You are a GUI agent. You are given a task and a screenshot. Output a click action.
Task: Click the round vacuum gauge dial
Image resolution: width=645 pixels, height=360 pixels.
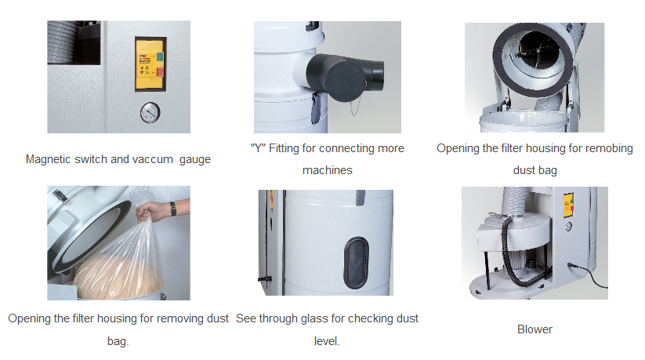coord(150,113)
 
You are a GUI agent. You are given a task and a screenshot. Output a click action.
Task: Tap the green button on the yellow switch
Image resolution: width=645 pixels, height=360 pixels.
coord(160,56)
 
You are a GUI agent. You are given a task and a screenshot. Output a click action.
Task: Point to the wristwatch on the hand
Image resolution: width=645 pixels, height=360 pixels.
coord(173,209)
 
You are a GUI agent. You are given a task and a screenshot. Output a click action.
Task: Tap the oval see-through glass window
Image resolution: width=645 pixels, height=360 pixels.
coord(356,263)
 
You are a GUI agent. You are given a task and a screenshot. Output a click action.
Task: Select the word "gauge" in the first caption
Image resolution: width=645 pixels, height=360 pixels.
coord(195,160)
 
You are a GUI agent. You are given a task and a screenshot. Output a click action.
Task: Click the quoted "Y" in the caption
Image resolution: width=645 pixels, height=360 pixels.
coord(258,148)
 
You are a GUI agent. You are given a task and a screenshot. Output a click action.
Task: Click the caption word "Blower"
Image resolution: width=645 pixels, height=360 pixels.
coord(534,329)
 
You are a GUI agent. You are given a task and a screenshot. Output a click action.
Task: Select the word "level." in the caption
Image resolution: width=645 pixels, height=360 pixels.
coord(327,341)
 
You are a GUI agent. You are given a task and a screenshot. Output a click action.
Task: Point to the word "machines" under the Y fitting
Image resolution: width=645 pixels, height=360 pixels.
coord(328,170)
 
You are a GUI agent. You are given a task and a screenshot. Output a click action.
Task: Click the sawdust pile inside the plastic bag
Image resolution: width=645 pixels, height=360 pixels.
coord(118,276)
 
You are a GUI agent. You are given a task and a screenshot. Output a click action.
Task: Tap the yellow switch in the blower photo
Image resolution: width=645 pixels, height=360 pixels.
coord(568,204)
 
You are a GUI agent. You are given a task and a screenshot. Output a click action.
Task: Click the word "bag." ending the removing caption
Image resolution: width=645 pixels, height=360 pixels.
coord(118,341)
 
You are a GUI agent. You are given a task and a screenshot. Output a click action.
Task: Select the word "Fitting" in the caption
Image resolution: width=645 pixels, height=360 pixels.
coord(284,148)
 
